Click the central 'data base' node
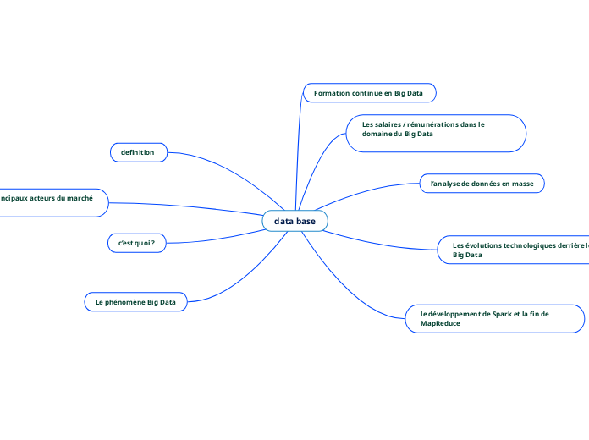[294, 221]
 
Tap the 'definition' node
[138, 152]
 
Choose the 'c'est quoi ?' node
[136, 243]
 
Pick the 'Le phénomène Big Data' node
[135, 301]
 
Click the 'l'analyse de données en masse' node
[482, 183]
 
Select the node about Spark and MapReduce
[495, 318]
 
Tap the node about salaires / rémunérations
[436, 134]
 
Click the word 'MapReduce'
[440, 324]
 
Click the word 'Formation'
[332, 92]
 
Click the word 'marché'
[78, 197]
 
